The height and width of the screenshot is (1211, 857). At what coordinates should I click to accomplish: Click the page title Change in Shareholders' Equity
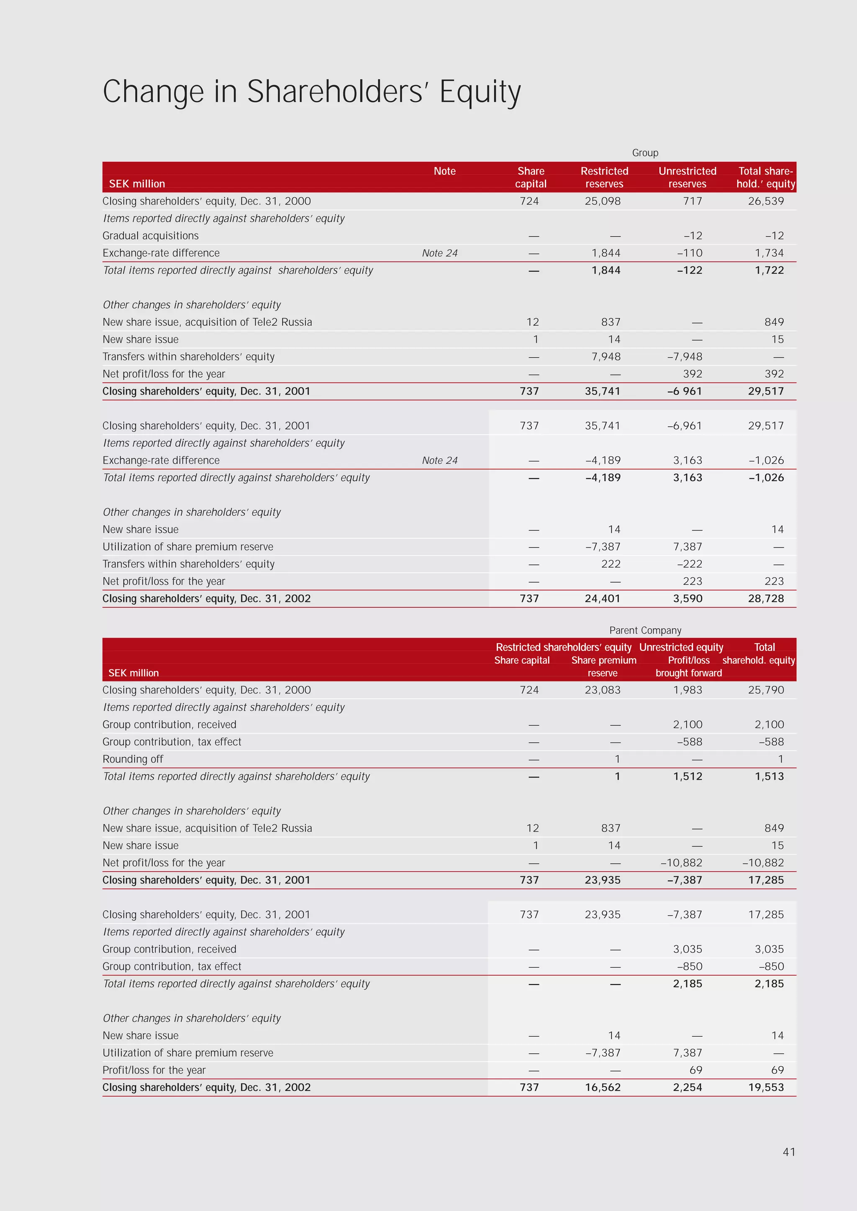click(x=311, y=92)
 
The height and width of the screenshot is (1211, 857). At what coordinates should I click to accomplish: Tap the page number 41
click(x=788, y=1152)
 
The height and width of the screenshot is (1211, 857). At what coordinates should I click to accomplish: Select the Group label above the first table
click(x=645, y=153)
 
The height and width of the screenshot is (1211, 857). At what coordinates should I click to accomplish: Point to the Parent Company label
click(x=645, y=630)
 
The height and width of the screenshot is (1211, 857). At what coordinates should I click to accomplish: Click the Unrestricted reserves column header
click(x=687, y=177)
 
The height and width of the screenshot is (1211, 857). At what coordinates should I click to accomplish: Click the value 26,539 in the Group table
click(x=766, y=201)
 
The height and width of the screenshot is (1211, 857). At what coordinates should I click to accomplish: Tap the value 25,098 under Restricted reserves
click(x=603, y=201)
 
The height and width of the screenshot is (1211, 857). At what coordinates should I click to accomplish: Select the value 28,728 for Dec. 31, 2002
click(x=766, y=599)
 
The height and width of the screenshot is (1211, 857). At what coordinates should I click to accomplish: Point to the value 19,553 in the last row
click(x=766, y=1088)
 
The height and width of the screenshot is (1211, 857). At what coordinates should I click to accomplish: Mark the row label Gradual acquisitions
click(x=150, y=236)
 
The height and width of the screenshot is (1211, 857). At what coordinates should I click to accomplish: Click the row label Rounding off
click(x=133, y=759)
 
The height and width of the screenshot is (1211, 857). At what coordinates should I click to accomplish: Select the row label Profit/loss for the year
click(x=154, y=1070)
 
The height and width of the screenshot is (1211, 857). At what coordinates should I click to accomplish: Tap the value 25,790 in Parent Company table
click(x=766, y=690)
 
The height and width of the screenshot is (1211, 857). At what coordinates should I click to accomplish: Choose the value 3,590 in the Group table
click(x=687, y=599)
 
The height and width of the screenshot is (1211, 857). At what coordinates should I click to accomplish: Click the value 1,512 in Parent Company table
click(x=687, y=776)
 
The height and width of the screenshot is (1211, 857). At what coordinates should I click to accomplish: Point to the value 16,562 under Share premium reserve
click(x=603, y=1088)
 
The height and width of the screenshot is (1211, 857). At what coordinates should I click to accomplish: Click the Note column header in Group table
click(x=444, y=171)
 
